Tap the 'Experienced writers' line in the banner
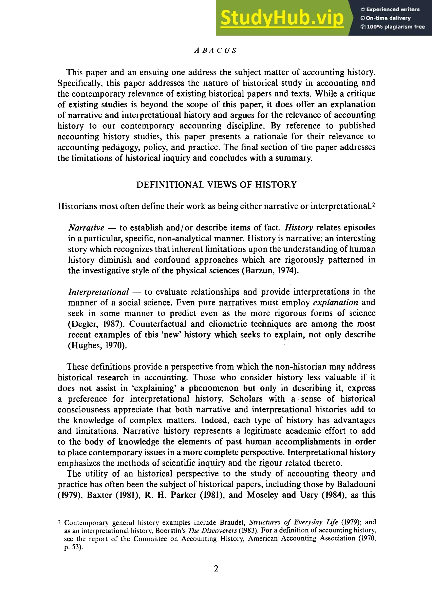pos(390,9)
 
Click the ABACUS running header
pos(215,51)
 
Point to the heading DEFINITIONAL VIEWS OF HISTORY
pos(216,185)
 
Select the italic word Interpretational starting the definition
pos(99,292)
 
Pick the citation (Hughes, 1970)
pos(97,346)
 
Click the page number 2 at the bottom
pos(216,568)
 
